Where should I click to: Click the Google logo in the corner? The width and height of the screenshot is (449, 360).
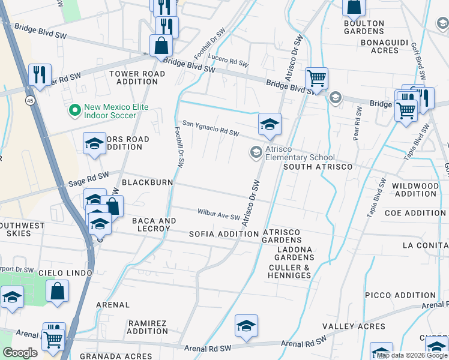pyautogui.click(x=20, y=353)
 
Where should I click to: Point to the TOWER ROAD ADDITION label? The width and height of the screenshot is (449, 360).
pyautogui.click(x=137, y=77)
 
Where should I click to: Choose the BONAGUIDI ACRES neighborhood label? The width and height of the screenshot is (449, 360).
pyautogui.click(x=380, y=47)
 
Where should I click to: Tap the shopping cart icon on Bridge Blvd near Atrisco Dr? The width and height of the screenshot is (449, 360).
pyautogui.click(x=316, y=77)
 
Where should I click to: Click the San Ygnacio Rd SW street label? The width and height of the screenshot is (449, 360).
pyautogui.click(x=211, y=128)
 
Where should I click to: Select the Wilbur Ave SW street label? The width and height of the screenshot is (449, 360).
pyautogui.click(x=219, y=214)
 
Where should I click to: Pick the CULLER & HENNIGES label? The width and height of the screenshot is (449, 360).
pyautogui.click(x=290, y=271)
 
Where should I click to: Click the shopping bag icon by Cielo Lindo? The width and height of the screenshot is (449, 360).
pyautogui.click(x=57, y=292)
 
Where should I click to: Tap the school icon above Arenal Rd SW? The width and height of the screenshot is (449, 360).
pyautogui.click(x=246, y=326)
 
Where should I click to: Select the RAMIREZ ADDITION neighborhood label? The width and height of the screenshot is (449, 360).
pyautogui.click(x=148, y=327)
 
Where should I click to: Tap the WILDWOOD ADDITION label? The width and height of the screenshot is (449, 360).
pyautogui.click(x=415, y=190)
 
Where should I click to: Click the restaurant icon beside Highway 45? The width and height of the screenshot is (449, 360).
pyautogui.click(x=40, y=75)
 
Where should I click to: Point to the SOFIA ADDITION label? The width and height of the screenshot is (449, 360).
pyautogui.click(x=215, y=233)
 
